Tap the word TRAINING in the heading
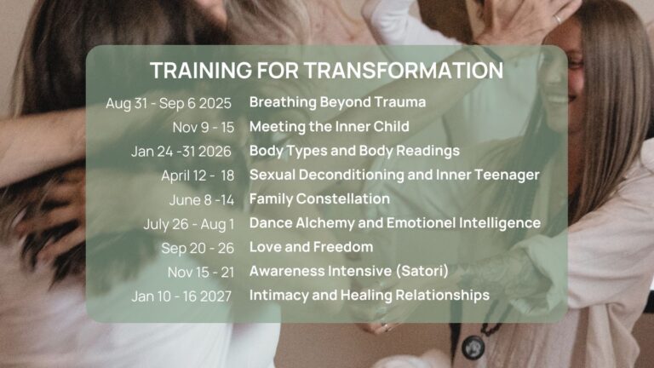[201, 70]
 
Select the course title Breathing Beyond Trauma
[337, 102]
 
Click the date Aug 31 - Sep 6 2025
[169, 103]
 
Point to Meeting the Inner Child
[329, 126]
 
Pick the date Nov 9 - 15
[204, 127]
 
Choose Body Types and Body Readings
[354, 151]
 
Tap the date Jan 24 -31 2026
[181, 152]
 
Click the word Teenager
[508, 175]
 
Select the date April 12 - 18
[198, 176]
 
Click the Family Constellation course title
[319, 199]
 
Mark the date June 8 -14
[202, 200]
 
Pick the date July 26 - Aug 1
[189, 225]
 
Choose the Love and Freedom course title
[311, 247]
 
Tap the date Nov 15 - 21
[201, 273]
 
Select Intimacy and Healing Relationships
[370, 296]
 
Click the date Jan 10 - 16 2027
[181, 296]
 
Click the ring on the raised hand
[558, 19]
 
